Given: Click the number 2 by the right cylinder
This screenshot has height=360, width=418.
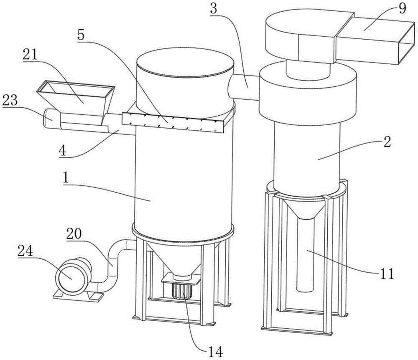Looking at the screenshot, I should [x=387, y=142].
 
